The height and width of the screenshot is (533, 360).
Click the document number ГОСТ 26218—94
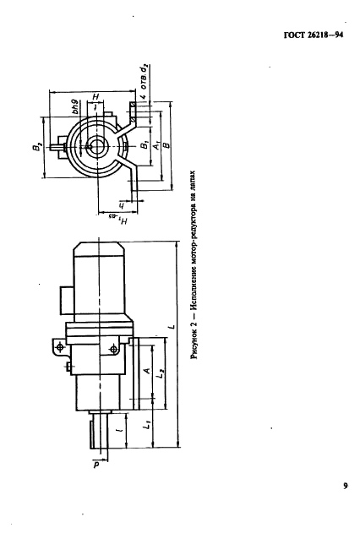tap(313, 35)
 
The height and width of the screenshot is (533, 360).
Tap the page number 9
tap(345, 486)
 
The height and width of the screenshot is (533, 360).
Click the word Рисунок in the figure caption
tap(194, 345)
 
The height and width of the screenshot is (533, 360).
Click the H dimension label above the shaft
tap(95, 97)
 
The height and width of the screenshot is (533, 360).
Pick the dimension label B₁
tap(145, 144)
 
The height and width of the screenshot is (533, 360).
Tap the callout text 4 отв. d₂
tap(145, 81)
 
